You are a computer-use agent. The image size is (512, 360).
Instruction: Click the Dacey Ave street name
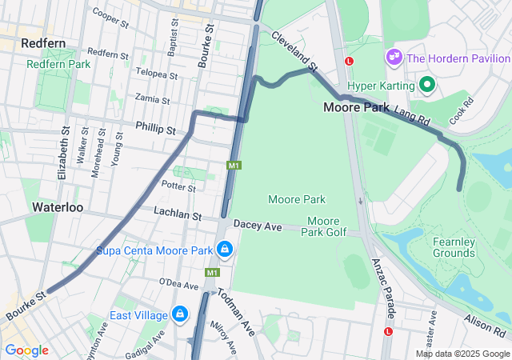258,227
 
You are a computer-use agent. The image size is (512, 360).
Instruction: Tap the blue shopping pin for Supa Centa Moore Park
226,250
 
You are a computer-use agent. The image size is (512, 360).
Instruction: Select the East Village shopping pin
179,314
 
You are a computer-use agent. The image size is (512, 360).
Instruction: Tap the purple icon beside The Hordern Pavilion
394,57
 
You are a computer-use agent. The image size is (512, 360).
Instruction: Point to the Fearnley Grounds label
454,247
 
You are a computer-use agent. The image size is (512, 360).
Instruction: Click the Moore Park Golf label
325,226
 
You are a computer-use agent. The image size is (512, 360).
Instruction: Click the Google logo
26,350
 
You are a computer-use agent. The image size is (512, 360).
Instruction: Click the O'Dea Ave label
178,285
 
